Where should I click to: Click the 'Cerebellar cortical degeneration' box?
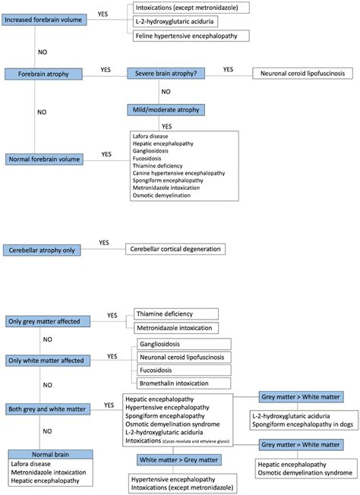(x=175, y=249)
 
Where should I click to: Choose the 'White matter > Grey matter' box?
(x=179, y=459)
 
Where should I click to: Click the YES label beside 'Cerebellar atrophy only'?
(x=104, y=243)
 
